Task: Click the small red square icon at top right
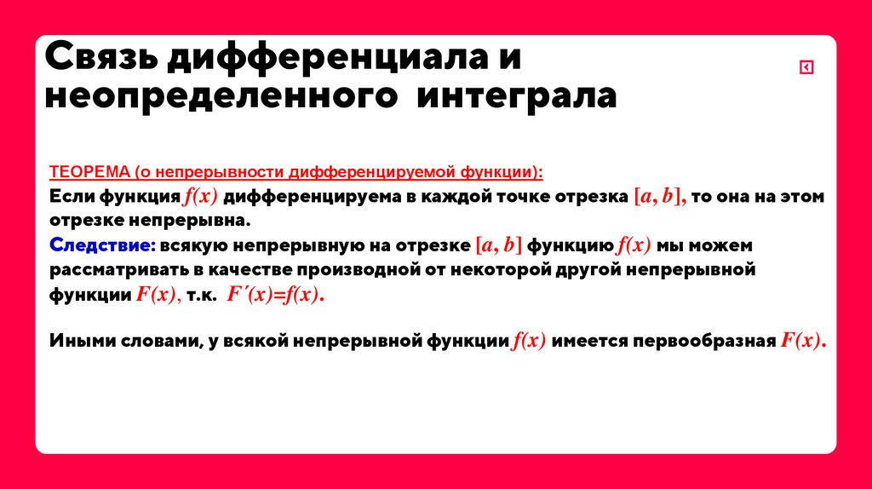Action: pos(806,68)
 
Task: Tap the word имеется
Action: pos(591,342)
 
